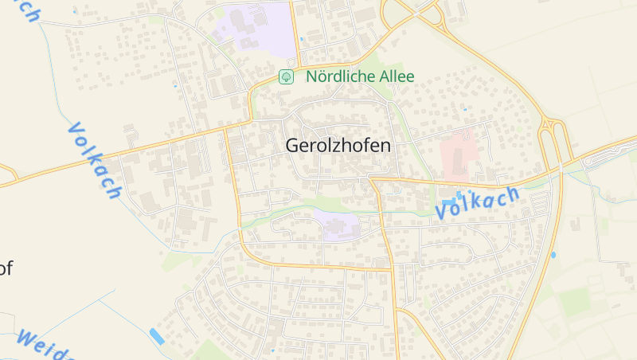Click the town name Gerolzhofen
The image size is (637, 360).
[338, 146]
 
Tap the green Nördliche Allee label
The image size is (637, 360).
[360, 76]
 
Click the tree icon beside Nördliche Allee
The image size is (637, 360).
[285, 76]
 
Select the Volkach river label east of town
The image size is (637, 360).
[477, 203]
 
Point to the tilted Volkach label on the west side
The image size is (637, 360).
[94, 160]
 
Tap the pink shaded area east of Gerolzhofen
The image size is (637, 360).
[457, 153]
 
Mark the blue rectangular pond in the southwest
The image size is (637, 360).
[157, 337]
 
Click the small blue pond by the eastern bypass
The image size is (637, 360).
[553, 255]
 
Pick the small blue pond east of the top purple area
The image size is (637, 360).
[302, 37]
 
